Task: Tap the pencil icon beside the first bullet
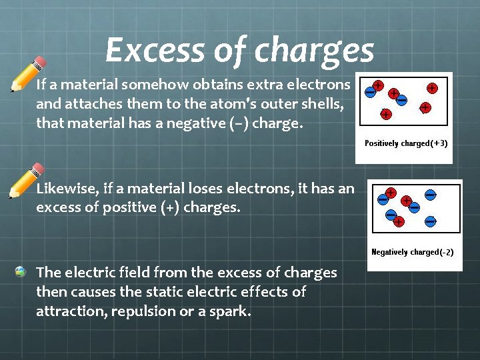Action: (28, 73)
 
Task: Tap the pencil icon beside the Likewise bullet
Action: (26, 180)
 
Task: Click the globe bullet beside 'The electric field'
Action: (21, 271)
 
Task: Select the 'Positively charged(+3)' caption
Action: (405, 143)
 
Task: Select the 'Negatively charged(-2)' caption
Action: (412, 252)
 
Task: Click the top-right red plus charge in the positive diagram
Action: (432, 87)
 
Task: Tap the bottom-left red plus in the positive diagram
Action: (385, 115)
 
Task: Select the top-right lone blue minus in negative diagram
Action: (431, 195)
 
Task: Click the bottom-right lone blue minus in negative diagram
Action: (431, 221)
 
